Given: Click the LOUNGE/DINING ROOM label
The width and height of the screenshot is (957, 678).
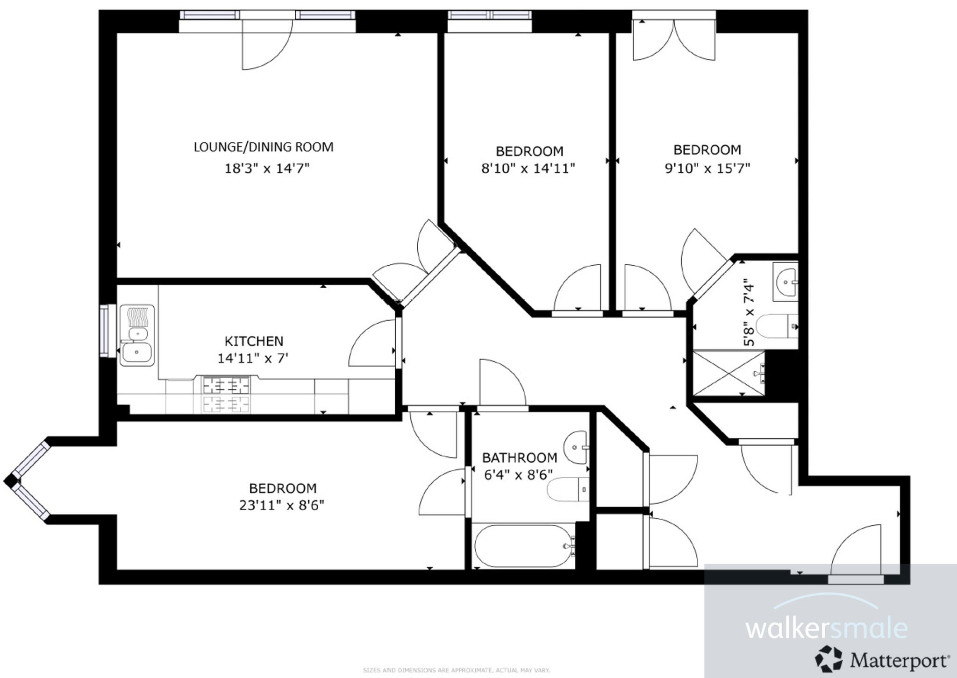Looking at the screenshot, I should coord(264,147).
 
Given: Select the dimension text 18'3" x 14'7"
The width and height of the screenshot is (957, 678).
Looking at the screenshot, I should coord(267,168).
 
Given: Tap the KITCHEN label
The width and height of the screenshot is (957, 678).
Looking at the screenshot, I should coord(254,341).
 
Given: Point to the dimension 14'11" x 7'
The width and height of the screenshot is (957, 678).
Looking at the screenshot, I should coord(253,359).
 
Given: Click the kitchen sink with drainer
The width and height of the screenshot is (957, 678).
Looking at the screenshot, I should coord(137,335).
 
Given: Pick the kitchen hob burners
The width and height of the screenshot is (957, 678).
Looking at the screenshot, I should coord(226,395).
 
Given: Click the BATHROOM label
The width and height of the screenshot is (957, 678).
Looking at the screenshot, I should coord(520,458).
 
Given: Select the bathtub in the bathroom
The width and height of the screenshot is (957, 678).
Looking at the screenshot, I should coord(523,546).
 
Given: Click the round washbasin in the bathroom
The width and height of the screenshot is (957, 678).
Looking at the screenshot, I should coord(576,447).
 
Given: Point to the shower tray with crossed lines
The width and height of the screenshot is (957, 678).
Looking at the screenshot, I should coord(728,373).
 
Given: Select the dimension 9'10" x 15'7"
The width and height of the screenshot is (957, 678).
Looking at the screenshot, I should coord(707,168).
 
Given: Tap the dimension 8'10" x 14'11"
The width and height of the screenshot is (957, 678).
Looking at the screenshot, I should coord(528,168).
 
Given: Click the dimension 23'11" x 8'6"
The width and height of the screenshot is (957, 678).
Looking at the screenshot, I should coord(282,505).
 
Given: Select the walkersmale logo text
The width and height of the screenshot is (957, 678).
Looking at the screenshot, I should coord(826,628).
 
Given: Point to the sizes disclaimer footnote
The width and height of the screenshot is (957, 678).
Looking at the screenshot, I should coord(456,670).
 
